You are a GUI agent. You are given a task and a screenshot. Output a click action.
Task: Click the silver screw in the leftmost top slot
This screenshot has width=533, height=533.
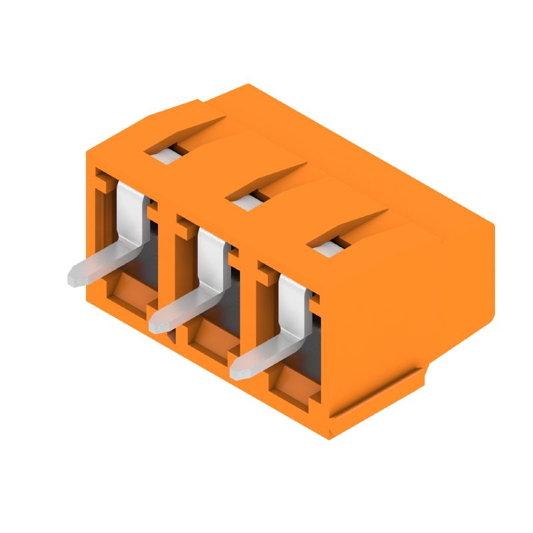pyautogui.click(x=164, y=155)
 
